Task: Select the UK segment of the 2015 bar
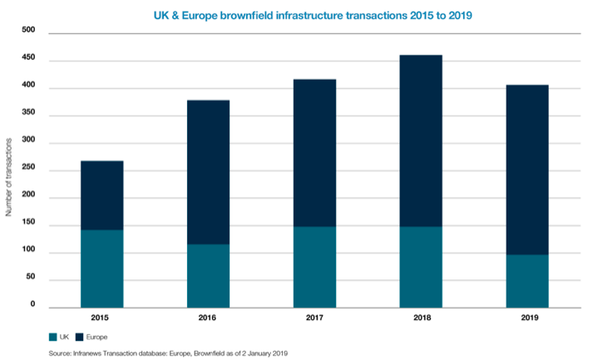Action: pyautogui.click(x=102, y=268)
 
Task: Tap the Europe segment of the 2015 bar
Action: pyautogui.click(x=102, y=195)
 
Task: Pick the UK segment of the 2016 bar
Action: pyautogui.click(x=208, y=275)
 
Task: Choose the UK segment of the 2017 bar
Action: pyautogui.click(x=314, y=266)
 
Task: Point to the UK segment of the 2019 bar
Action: pyautogui.click(x=527, y=280)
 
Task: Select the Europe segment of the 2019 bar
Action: pyautogui.click(x=527, y=170)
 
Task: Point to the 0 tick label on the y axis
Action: pyautogui.click(x=33, y=306)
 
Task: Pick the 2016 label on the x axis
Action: pyautogui.click(x=208, y=318)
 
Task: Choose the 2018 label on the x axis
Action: pyautogui.click(x=421, y=318)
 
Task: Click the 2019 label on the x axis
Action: pyautogui.click(x=527, y=318)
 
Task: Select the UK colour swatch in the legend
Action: pyautogui.click(x=53, y=337)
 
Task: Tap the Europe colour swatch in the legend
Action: pyautogui.click(x=80, y=337)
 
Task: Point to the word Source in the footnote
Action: pyautogui.click(x=61, y=353)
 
